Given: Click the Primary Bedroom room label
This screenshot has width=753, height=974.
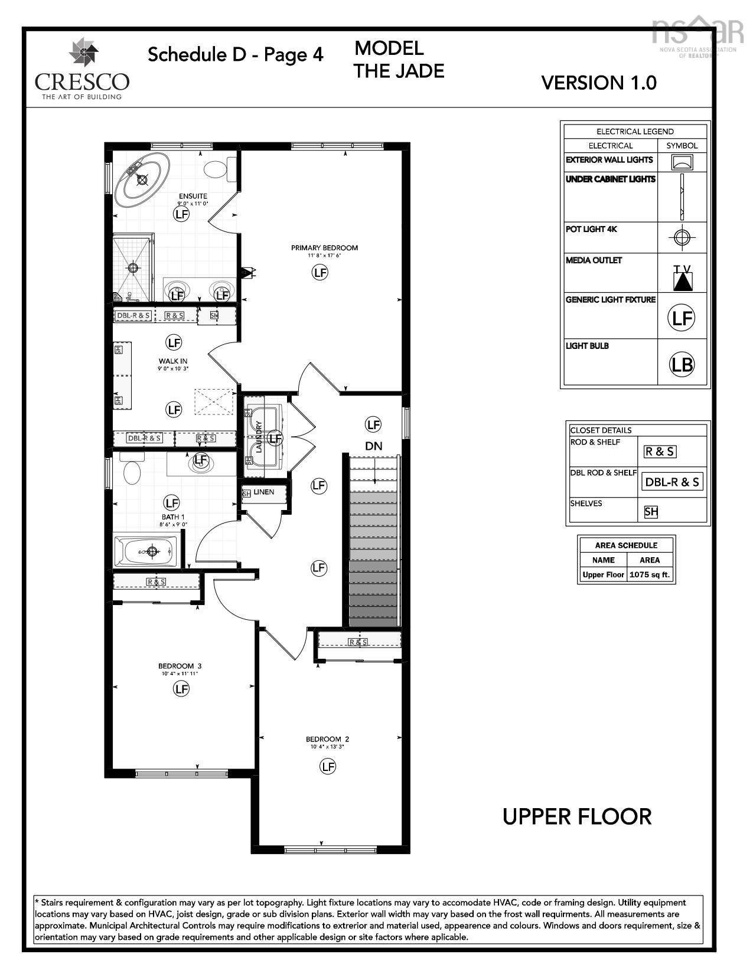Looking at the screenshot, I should (324, 248).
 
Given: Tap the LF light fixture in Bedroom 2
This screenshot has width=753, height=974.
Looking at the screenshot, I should (327, 766).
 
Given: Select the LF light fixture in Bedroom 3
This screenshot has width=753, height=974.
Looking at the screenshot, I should (181, 688).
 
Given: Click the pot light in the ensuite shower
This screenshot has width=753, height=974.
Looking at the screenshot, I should (133, 267).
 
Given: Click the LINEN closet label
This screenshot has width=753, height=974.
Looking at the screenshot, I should (263, 492).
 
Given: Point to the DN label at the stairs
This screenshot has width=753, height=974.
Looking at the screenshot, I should (374, 446).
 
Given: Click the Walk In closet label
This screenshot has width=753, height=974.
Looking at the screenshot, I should (173, 361).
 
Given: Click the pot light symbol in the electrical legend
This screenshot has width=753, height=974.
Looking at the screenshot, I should (682, 237).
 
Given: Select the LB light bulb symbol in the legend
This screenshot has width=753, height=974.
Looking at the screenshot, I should (682, 364).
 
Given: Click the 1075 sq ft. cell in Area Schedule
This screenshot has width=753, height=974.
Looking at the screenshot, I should (650, 574).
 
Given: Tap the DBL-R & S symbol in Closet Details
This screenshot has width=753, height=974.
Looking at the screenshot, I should (671, 482).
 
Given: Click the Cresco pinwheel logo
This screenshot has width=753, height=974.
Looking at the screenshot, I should (83, 53).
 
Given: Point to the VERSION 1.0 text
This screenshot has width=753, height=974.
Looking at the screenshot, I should (598, 83).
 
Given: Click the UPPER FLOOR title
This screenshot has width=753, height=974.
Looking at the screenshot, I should (576, 817).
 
